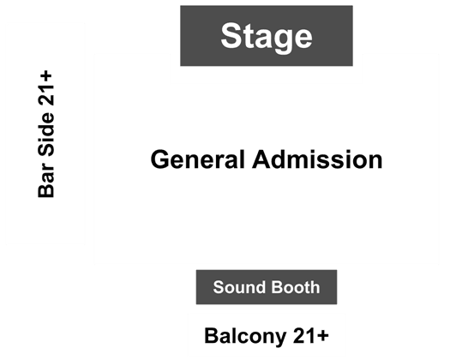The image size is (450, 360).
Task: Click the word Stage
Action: [267, 38]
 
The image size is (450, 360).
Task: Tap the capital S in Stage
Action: [231, 35]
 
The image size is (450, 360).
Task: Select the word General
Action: [197, 159]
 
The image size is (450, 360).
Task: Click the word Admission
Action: [317, 159]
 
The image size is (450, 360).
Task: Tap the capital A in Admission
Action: [261, 159]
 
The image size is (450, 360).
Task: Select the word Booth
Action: [296, 287]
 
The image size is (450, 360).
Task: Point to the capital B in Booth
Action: [277, 287]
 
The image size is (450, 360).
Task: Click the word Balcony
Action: [245, 337]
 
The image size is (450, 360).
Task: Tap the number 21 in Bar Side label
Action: [46, 94]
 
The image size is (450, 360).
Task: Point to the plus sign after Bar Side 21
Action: [46, 76]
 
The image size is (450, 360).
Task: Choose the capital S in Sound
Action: [219, 287]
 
